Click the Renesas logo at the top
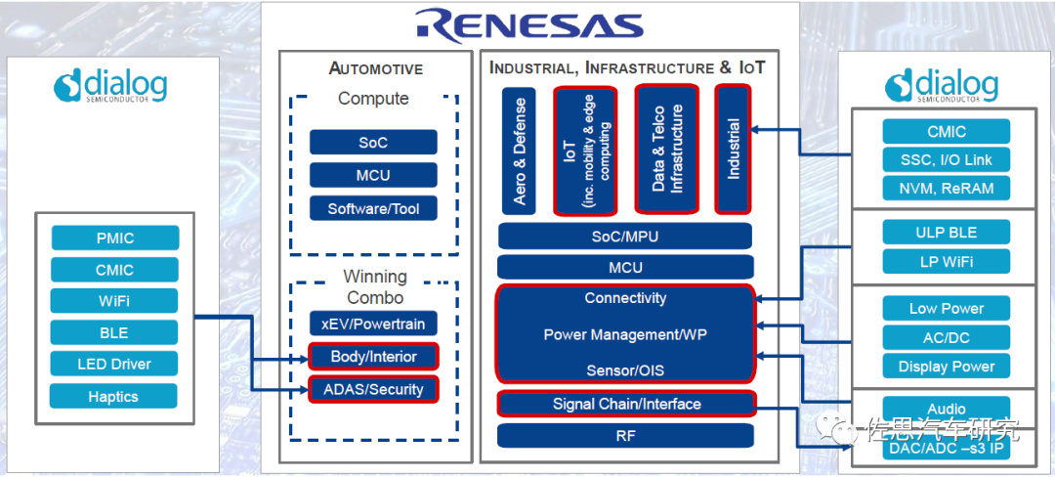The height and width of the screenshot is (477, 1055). click(x=528, y=24)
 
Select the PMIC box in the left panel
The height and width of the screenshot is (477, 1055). click(x=115, y=238)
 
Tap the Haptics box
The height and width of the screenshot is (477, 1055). click(x=113, y=396)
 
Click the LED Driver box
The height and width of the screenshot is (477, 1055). click(x=113, y=364)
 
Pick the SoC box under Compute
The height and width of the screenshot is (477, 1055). click(x=373, y=143)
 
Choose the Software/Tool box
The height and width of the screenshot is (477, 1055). click(x=373, y=208)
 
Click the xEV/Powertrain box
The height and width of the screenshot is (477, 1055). click(x=373, y=324)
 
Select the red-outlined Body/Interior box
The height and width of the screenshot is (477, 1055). click(x=373, y=357)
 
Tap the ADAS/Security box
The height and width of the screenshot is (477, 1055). click(x=373, y=389)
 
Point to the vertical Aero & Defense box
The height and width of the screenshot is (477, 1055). click(x=519, y=151)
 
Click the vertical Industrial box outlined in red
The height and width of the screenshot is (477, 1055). click(x=733, y=149)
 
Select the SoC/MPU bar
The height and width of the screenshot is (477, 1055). click(x=624, y=237)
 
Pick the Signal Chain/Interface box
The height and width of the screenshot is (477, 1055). click(x=626, y=404)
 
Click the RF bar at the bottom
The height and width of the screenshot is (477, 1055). click(x=625, y=435)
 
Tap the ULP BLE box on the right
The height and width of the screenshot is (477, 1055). click(x=947, y=232)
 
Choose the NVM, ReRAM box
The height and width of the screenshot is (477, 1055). click(x=947, y=189)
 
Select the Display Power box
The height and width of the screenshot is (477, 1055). click(x=947, y=367)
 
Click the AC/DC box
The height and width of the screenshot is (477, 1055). click(x=947, y=338)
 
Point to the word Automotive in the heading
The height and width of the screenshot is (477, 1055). click(x=376, y=68)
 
